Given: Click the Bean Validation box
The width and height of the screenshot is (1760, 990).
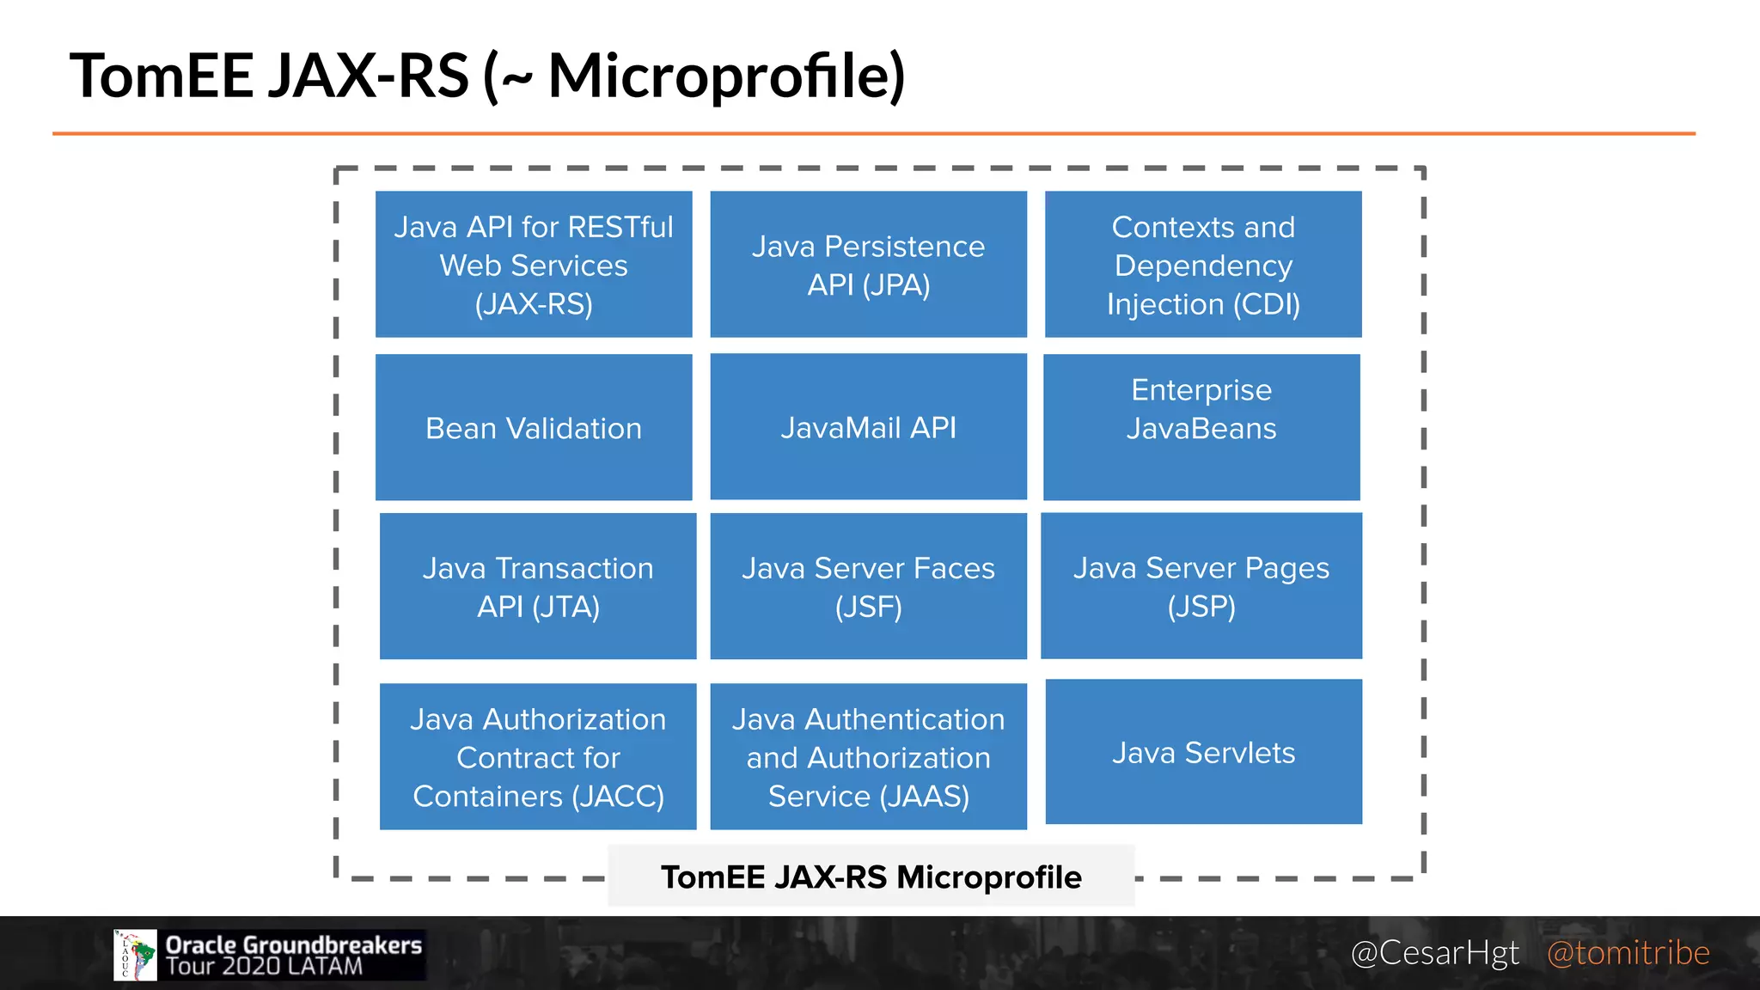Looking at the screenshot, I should pos(534,428).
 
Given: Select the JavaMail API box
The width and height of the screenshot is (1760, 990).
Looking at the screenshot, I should pos(868,427).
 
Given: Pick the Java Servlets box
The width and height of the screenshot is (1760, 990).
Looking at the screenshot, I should pos(1203,753).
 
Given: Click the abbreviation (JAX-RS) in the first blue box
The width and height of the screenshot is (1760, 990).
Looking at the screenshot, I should pos(534,304).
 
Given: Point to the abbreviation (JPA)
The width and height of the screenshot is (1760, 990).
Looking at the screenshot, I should pos(895,284).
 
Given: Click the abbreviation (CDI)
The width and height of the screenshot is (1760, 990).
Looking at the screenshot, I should pos(1267,304).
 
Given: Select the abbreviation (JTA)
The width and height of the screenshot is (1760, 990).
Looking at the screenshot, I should pos(565,607).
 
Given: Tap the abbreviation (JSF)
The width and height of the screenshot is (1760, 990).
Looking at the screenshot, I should pos(868,607).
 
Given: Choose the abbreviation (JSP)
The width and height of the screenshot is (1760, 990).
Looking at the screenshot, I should pos(1201,607).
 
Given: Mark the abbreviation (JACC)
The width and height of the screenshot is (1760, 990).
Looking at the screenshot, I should pos(618,797).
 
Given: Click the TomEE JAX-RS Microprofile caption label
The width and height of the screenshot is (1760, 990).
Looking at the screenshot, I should pos(871,877).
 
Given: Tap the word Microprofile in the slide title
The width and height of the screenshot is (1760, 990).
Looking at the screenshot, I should pos(725,76).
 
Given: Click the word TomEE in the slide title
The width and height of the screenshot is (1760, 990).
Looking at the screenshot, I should pos(162,76).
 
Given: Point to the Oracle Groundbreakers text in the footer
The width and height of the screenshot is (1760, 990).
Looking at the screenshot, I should pos(293,944).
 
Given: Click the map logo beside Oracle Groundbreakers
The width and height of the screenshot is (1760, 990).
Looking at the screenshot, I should pos(136,955).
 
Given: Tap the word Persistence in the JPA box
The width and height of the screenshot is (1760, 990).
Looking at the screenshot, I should pos(904,247).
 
